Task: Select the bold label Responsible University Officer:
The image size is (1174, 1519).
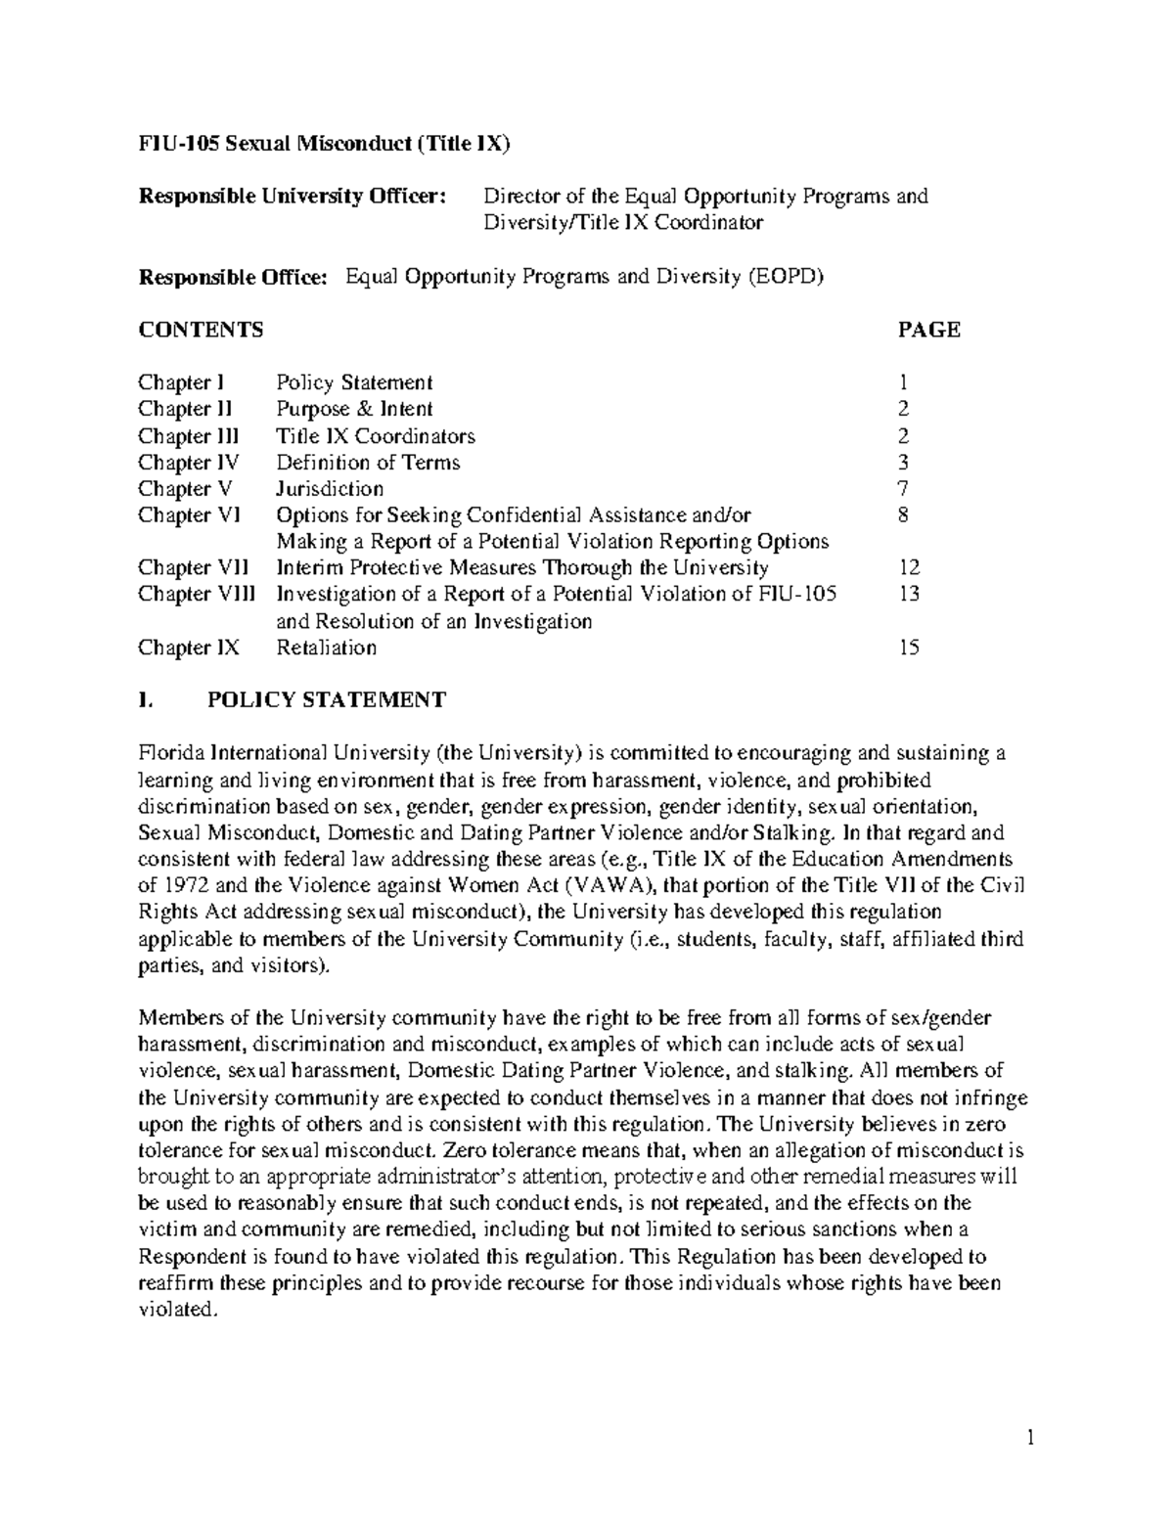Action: pos(292,197)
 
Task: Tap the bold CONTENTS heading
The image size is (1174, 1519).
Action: pos(201,330)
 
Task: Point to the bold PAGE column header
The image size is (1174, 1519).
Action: pos(928,330)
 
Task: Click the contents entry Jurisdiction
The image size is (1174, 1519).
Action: pos(330,489)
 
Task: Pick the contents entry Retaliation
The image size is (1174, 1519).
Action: pos(326,648)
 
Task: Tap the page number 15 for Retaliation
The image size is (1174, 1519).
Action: pos(909,648)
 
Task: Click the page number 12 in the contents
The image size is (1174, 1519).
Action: pos(909,568)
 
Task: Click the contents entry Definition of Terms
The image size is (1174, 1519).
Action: pos(368,463)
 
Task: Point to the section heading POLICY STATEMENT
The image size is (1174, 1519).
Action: pos(327,700)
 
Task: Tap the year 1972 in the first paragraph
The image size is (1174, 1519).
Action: pos(183,887)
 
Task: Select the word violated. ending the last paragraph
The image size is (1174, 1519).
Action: pos(176,1310)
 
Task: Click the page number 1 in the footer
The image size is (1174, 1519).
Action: pos(1030,1438)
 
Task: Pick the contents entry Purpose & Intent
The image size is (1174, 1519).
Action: pos(354,409)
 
